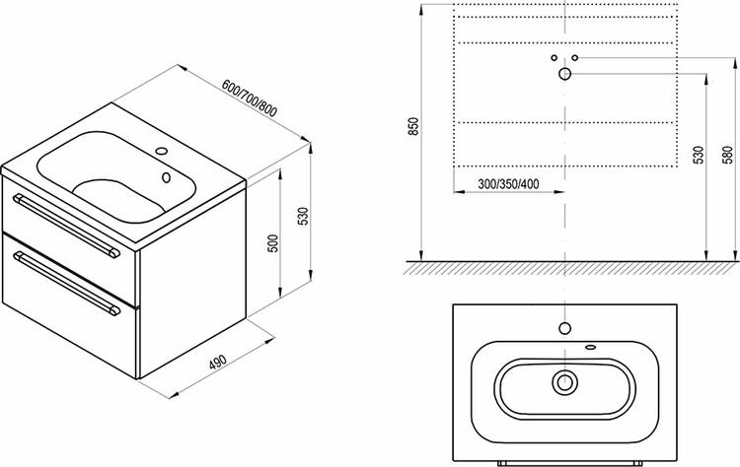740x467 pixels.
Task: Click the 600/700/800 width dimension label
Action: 250,99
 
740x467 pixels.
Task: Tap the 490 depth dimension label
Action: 218,362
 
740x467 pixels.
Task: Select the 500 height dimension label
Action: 273,243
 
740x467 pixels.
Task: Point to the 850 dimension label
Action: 413,126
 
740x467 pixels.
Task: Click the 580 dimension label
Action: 728,155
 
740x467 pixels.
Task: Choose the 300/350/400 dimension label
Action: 508,184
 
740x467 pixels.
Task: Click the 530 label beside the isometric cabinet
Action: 304,216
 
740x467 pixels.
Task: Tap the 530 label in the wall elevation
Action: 698,155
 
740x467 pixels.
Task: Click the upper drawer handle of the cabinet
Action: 66,226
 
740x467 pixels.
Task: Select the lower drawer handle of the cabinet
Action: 66,283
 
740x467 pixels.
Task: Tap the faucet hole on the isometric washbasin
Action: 162,152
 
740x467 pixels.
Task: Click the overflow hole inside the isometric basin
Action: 166,177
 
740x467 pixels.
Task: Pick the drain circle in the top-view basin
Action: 565,382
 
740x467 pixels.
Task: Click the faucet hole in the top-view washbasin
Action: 565,328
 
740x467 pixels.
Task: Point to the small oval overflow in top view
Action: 590,348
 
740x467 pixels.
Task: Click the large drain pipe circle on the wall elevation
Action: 565,74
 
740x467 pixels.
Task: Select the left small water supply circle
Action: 555,57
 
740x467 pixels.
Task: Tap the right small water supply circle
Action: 575,57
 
